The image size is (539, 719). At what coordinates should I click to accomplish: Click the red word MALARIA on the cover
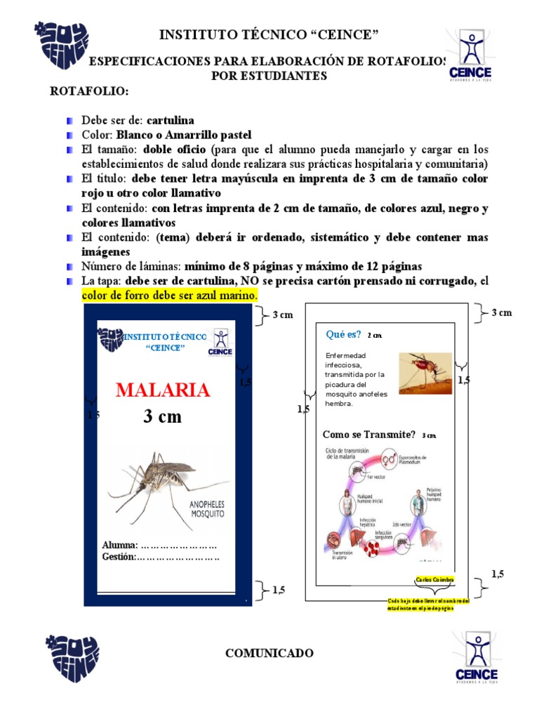pyautogui.click(x=162, y=390)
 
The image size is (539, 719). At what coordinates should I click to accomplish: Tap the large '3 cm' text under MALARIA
pyautogui.click(x=162, y=416)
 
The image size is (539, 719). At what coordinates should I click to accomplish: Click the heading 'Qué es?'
pyautogui.click(x=344, y=334)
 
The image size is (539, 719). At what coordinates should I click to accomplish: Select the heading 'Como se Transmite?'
pyautogui.click(x=369, y=435)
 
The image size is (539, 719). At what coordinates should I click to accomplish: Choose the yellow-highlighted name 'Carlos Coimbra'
pyautogui.click(x=434, y=579)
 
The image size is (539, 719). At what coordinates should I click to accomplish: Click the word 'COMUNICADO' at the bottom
pyautogui.click(x=269, y=653)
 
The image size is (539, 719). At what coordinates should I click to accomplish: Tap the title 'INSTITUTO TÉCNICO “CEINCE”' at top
pyautogui.click(x=269, y=35)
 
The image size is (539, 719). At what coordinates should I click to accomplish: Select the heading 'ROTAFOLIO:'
pyautogui.click(x=88, y=92)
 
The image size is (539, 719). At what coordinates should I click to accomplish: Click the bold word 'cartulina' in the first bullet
pyautogui.click(x=171, y=121)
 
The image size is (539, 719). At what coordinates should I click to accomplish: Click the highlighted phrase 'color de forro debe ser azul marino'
pyautogui.click(x=170, y=296)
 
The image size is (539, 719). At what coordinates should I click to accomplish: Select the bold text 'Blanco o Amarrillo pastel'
pyautogui.click(x=184, y=135)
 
